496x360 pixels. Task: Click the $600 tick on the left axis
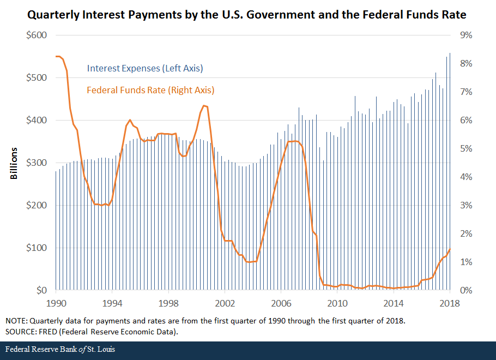37,35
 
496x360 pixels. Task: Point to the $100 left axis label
37,248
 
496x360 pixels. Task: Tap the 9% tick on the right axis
467,35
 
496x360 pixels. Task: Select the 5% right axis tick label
467,149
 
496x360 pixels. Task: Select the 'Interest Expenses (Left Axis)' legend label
145,69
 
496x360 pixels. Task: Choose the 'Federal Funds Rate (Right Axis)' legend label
150,90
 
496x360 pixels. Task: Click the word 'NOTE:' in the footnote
17,320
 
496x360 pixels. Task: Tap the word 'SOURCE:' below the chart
21,331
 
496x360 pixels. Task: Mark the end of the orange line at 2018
450,249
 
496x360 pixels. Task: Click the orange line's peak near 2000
204,106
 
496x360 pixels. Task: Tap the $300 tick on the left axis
37,163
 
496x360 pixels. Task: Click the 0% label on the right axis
467,290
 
